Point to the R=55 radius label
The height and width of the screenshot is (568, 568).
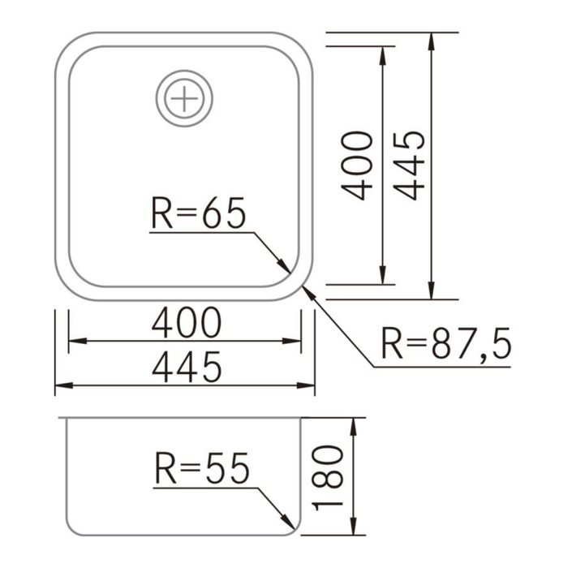[200, 469]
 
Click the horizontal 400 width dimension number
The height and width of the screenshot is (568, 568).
[186, 324]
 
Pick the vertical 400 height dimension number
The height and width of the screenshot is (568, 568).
[357, 165]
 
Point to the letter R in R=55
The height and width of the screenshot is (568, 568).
[163, 469]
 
